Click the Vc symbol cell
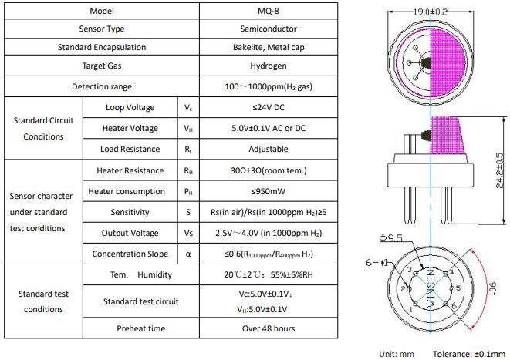click(188, 107)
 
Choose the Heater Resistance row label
click(130, 170)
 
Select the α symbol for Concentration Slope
click(188, 254)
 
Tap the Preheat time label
click(141, 328)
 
